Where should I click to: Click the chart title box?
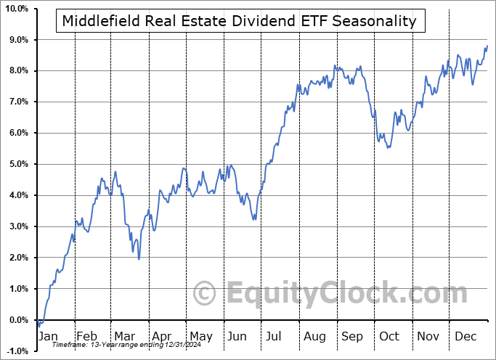click(240, 21)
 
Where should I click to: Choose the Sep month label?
click(352, 337)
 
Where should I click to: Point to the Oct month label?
click(389, 337)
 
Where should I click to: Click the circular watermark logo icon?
click(205, 295)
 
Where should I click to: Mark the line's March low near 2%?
click(139, 259)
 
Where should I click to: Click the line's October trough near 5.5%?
click(389, 147)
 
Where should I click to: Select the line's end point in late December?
click(487, 46)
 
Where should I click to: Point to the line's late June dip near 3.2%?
click(253, 220)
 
